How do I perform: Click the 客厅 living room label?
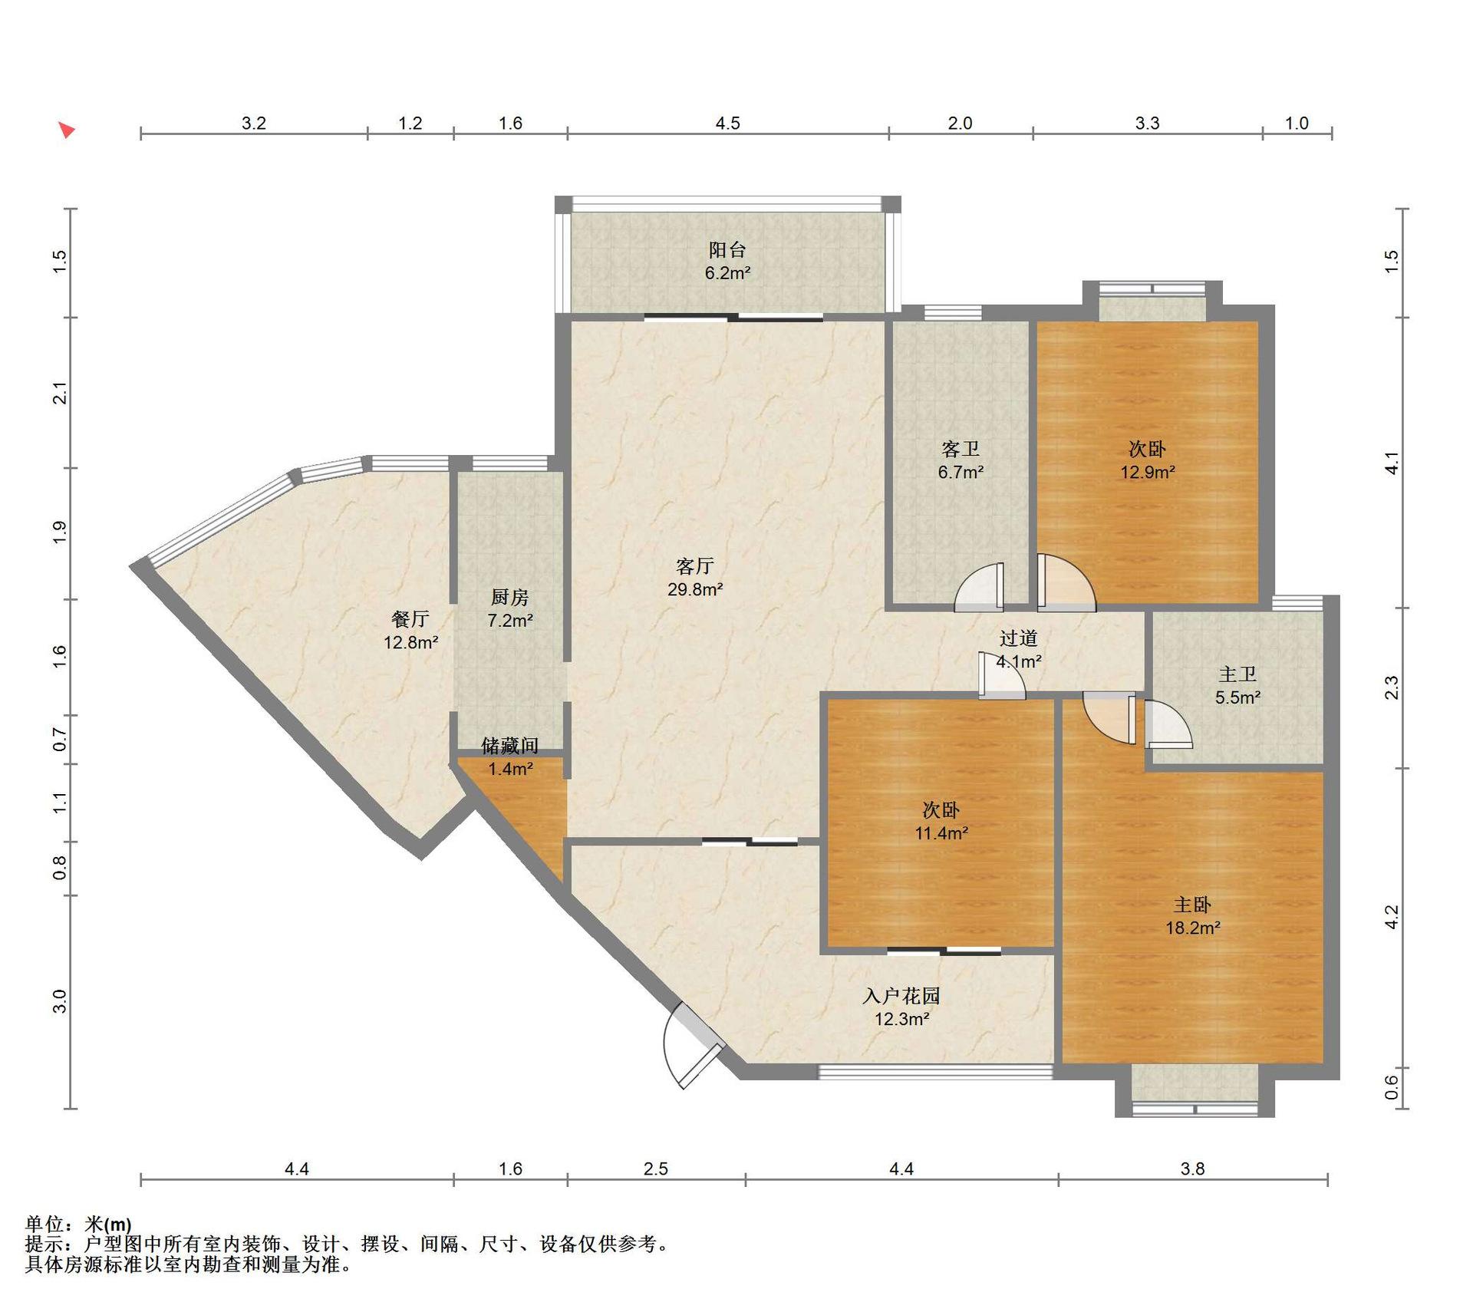click(x=695, y=566)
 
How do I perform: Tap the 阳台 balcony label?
click(x=727, y=249)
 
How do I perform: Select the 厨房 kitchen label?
click(x=510, y=597)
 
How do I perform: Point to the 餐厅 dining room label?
click(x=410, y=618)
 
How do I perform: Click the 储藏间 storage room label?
click(x=510, y=745)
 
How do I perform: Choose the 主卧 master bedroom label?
click(x=1193, y=905)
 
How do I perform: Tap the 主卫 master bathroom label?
click(x=1237, y=674)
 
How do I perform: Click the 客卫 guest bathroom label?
click(x=961, y=449)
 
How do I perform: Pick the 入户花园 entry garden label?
click(x=901, y=996)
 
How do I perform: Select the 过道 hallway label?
click(x=1019, y=638)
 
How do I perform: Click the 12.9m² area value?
click(x=1148, y=472)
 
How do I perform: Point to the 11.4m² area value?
click(x=941, y=832)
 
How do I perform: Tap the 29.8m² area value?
click(x=695, y=589)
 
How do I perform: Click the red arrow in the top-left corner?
click(x=68, y=130)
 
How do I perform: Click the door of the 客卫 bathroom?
click(x=980, y=587)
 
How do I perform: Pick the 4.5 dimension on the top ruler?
click(x=727, y=123)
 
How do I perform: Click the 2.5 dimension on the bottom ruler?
click(x=656, y=1169)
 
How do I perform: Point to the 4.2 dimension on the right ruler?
click(x=1392, y=917)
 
